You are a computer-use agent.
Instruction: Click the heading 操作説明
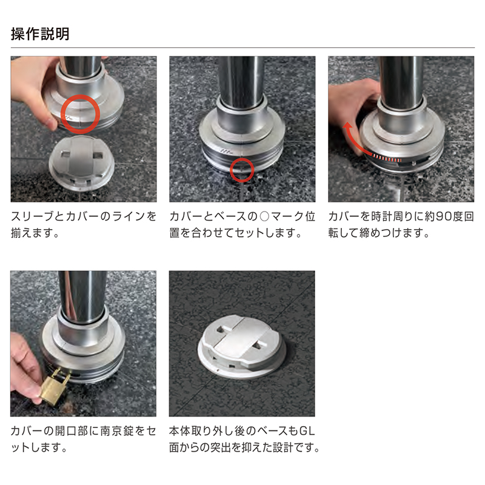pos(40,33)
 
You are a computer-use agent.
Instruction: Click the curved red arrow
pos(356,137)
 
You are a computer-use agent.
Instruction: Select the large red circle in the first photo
pos(80,114)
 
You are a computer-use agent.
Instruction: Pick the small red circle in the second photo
pos(242,170)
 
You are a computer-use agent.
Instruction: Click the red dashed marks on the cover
pos(387,158)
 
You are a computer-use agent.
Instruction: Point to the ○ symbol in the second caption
pos(264,216)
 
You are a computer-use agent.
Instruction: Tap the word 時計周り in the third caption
pos(392,216)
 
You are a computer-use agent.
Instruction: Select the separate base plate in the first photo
pos(81,163)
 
